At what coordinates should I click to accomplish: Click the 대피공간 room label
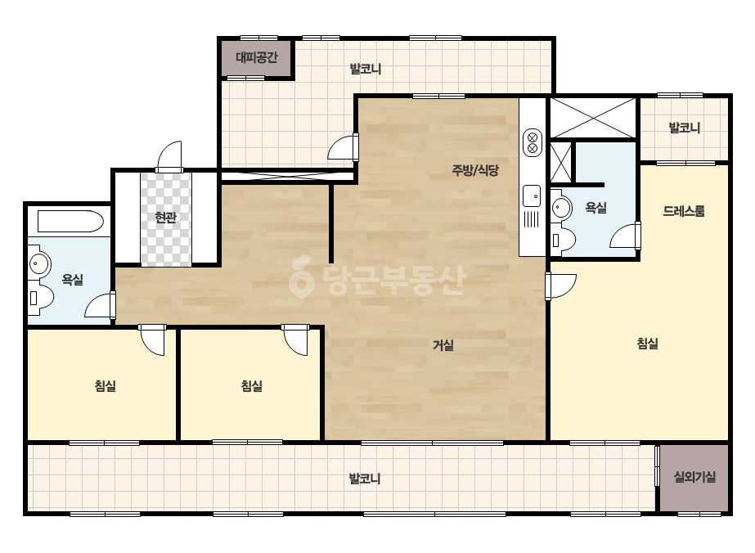[x=257, y=58]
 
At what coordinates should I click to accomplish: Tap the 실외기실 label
[x=694, y=477]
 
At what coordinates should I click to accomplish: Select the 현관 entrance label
[x=165, y=218]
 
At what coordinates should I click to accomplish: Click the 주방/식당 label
[x=474, y=170]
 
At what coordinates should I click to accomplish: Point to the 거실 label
[x=443, y=345]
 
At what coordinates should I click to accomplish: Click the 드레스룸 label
[x=684, y=211]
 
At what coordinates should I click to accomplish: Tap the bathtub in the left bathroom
[x=71, y=222]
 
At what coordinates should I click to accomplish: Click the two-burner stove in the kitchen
[x=533, y=142]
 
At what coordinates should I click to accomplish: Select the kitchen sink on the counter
[x=532, y=196]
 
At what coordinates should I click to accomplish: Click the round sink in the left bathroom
[x=38, y=264]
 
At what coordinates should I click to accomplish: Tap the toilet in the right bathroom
[x=563, y=240]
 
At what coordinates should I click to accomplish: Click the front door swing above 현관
[x=170, y=156]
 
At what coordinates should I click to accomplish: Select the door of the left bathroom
[x=100, y=305]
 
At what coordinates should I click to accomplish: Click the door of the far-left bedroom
[x=152, y=340]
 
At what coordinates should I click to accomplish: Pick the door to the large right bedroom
[x=560, y=286]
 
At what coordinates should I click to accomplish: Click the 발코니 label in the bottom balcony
[x=365, y=479]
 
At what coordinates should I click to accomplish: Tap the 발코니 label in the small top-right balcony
[x=684, y=128]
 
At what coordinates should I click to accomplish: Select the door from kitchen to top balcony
[x=344, y=147]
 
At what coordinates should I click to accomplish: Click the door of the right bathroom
[x=625, y=235]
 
